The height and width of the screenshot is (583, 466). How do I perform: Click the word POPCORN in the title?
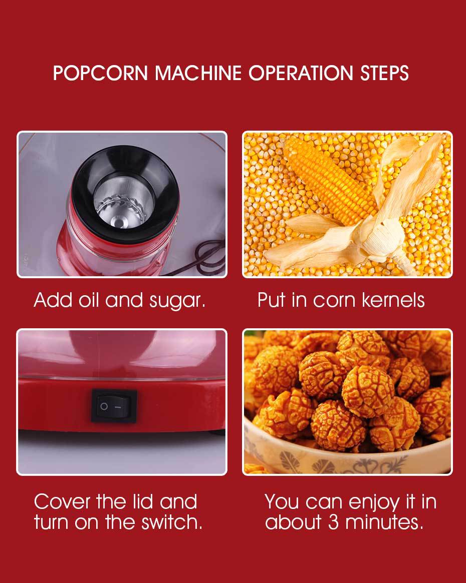coord(101,73)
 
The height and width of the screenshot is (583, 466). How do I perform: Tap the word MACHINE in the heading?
coord(198,73)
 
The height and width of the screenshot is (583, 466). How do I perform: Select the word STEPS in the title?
coord(384,73)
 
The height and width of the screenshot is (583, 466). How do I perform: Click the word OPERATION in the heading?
coord(301,73)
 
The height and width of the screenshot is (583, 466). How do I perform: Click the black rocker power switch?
coord(114,406)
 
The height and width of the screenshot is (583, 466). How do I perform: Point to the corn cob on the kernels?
coord(329,180)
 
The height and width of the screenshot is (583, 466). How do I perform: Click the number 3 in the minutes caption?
coord(333,522)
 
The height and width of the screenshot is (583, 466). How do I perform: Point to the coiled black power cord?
coord(208,257)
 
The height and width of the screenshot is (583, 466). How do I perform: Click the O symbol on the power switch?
coord(104,406)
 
